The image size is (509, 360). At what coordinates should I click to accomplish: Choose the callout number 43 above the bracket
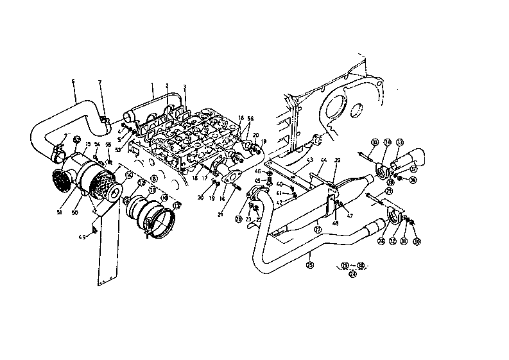pyautogui.click(x=309, y=160)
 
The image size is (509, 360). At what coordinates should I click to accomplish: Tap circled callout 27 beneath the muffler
pyautogui.click(x=317, y=228)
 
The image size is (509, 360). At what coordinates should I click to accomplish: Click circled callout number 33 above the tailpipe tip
pyautogui.click(x=400, y=142)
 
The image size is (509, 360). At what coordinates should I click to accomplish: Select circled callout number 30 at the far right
pyautogui.click(x=417, y=242)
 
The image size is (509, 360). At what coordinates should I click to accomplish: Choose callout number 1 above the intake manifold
pyautogui.click(x=151, y=85)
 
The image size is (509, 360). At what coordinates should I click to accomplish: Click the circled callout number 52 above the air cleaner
pyautogui.click(x=76, y=139)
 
